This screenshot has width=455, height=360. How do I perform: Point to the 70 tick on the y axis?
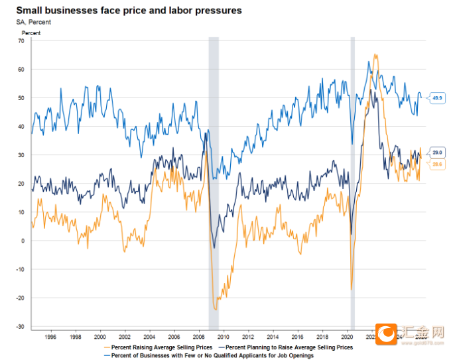tap(21, 41)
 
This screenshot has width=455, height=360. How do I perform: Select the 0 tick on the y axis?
tap(22, 241)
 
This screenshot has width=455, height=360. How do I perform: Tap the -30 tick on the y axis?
tap(20, 327)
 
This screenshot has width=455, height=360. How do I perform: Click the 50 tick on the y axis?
tap(21, 98)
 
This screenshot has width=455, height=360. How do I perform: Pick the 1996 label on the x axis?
tap(50, 335)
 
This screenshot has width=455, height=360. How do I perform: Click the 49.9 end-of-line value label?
tap(437, 98)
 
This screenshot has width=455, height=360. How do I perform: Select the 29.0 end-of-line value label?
tap(437, 152)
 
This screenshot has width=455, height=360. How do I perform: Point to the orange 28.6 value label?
tap(437, 163)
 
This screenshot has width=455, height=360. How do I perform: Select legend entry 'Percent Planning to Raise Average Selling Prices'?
tap(288, 347)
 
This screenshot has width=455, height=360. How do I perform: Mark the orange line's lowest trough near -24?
tap(216, 309)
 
